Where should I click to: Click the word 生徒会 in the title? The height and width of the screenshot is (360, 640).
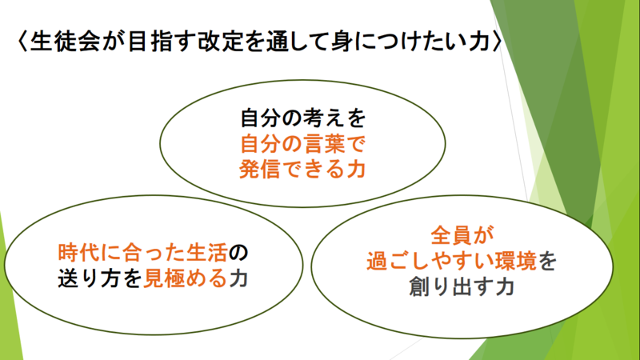pos(65,42)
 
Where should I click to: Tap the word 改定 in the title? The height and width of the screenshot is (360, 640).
pos(221,42)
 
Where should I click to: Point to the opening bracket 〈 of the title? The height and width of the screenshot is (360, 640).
pos(22,42)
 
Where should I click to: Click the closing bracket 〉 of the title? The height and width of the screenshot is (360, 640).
pos(497,42)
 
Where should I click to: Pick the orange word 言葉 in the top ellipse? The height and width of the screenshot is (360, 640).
pos(323,143)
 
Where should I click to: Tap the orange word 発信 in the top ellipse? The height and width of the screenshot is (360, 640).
pos(259,169)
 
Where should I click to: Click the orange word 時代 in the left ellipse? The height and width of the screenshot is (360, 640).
pos(78,253)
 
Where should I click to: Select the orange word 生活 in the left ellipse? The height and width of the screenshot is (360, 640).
pos(206,253)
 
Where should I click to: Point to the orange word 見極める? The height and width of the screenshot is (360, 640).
pos(185,278)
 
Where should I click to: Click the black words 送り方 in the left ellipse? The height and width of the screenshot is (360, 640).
pos(90,278)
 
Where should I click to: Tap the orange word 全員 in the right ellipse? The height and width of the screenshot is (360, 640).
pos(452,235)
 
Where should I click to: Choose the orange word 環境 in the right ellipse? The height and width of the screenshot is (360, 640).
pos(515,261)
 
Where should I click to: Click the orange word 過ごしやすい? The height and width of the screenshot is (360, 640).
pos(430,261)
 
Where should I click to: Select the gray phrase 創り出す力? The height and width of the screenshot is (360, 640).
pos(462,286)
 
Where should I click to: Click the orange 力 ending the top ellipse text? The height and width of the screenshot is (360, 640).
pos(355,169)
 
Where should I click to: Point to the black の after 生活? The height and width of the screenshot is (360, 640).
pos(238,253)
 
